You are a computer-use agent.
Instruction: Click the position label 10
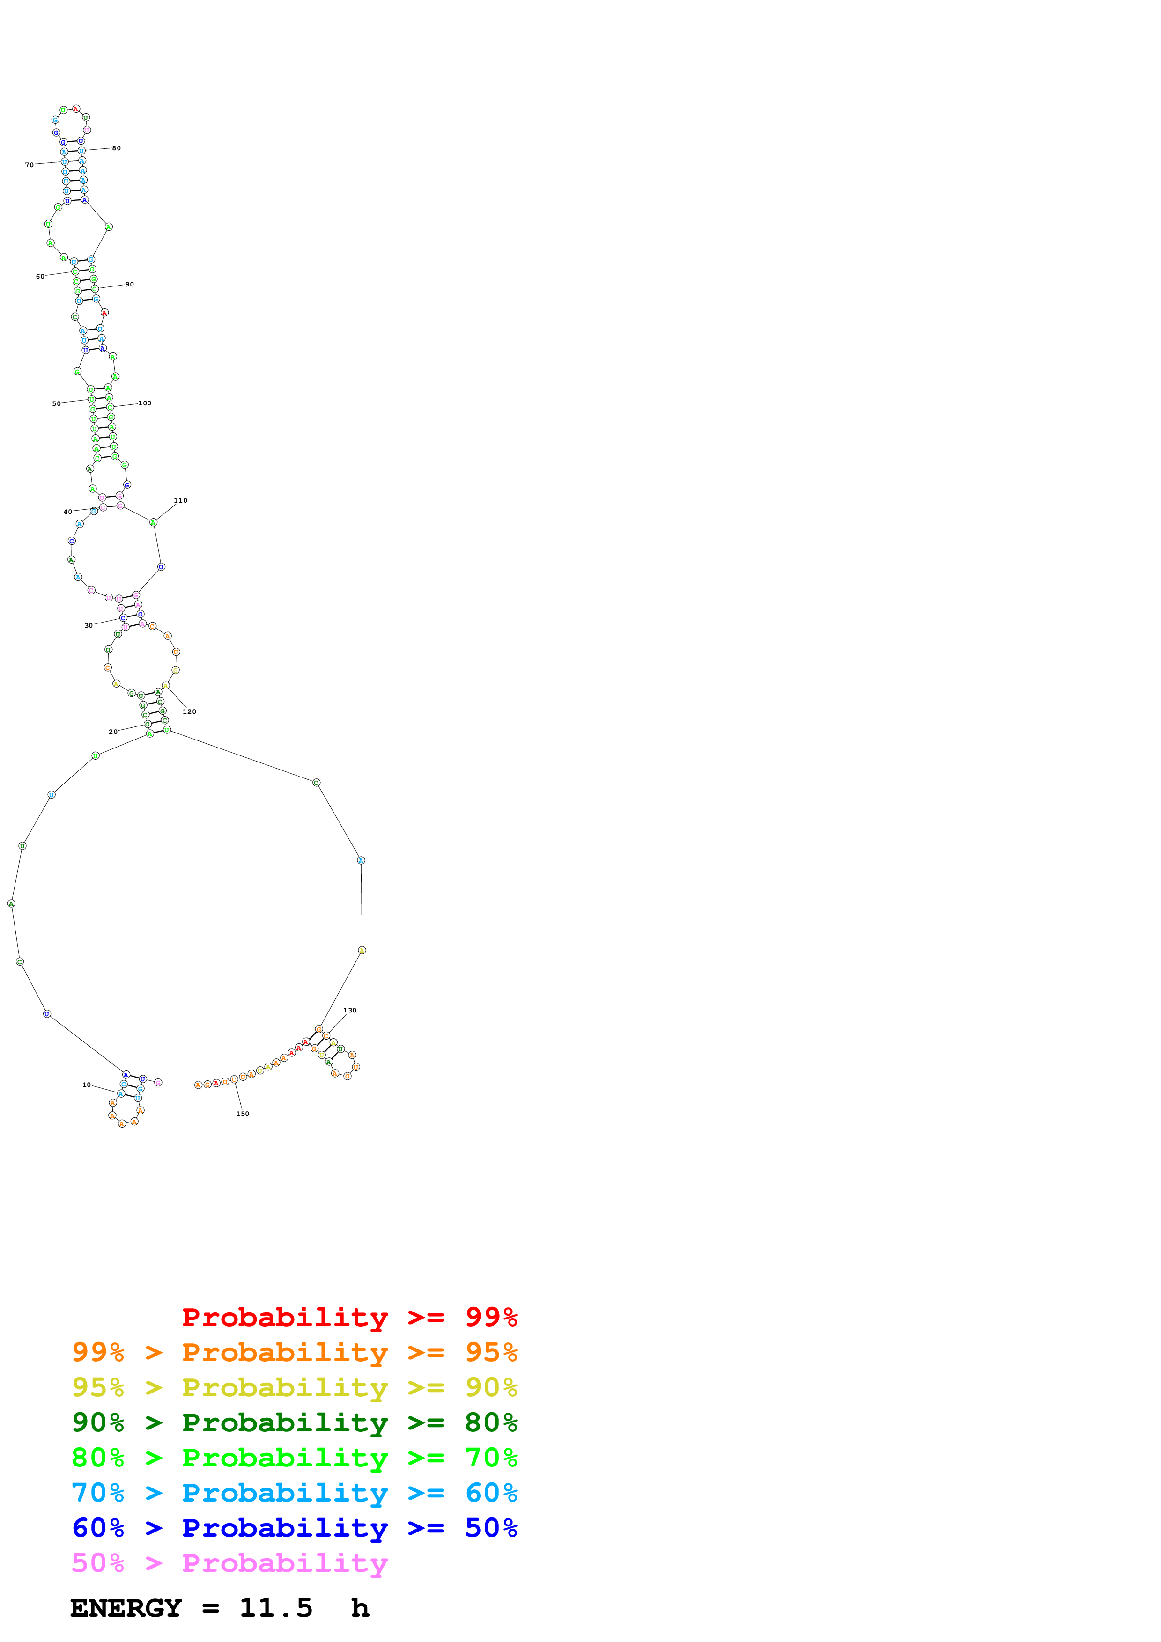tap(87, 1085)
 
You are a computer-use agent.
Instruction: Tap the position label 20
tap(113, 732)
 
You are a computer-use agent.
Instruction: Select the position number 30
tap(89, 626)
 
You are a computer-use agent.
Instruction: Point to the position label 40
tap(68, 512)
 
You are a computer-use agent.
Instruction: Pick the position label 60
tap(41, 277)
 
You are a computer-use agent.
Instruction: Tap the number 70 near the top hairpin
tap(30, 165)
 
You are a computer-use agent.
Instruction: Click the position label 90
tap(129, 285)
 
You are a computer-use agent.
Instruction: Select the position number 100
tap(145, 403)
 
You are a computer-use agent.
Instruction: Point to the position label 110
tap(181, 501)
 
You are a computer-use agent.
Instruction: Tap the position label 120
tap(190, 711)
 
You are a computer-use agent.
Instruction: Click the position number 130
tap(350, 1011)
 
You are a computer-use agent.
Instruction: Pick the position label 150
tap(243, 1114)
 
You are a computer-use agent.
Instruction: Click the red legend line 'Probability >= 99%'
tap(349, 1317)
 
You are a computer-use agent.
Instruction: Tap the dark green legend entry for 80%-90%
tap(294, 1422)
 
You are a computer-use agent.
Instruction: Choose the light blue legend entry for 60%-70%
tap(294, 1493)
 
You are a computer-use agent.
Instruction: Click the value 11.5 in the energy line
tap(276, 1608)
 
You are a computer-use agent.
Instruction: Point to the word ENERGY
tap(126, 1608)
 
